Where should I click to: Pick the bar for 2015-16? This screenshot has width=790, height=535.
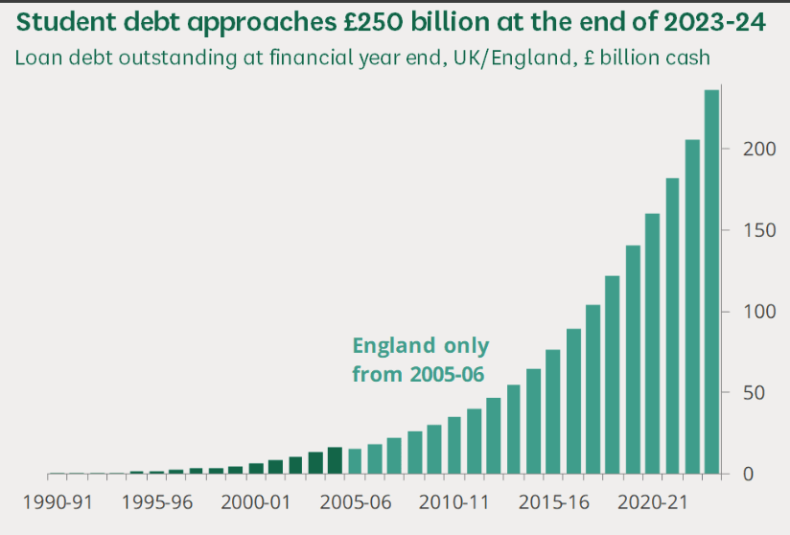coord(553,412)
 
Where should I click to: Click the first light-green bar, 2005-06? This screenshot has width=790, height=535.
coord(355,461)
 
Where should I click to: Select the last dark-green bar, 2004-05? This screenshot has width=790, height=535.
coord(335,460)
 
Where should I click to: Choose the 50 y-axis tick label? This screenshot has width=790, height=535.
coord(748,393)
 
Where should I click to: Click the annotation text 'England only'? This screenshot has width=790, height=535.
coord(420,346)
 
